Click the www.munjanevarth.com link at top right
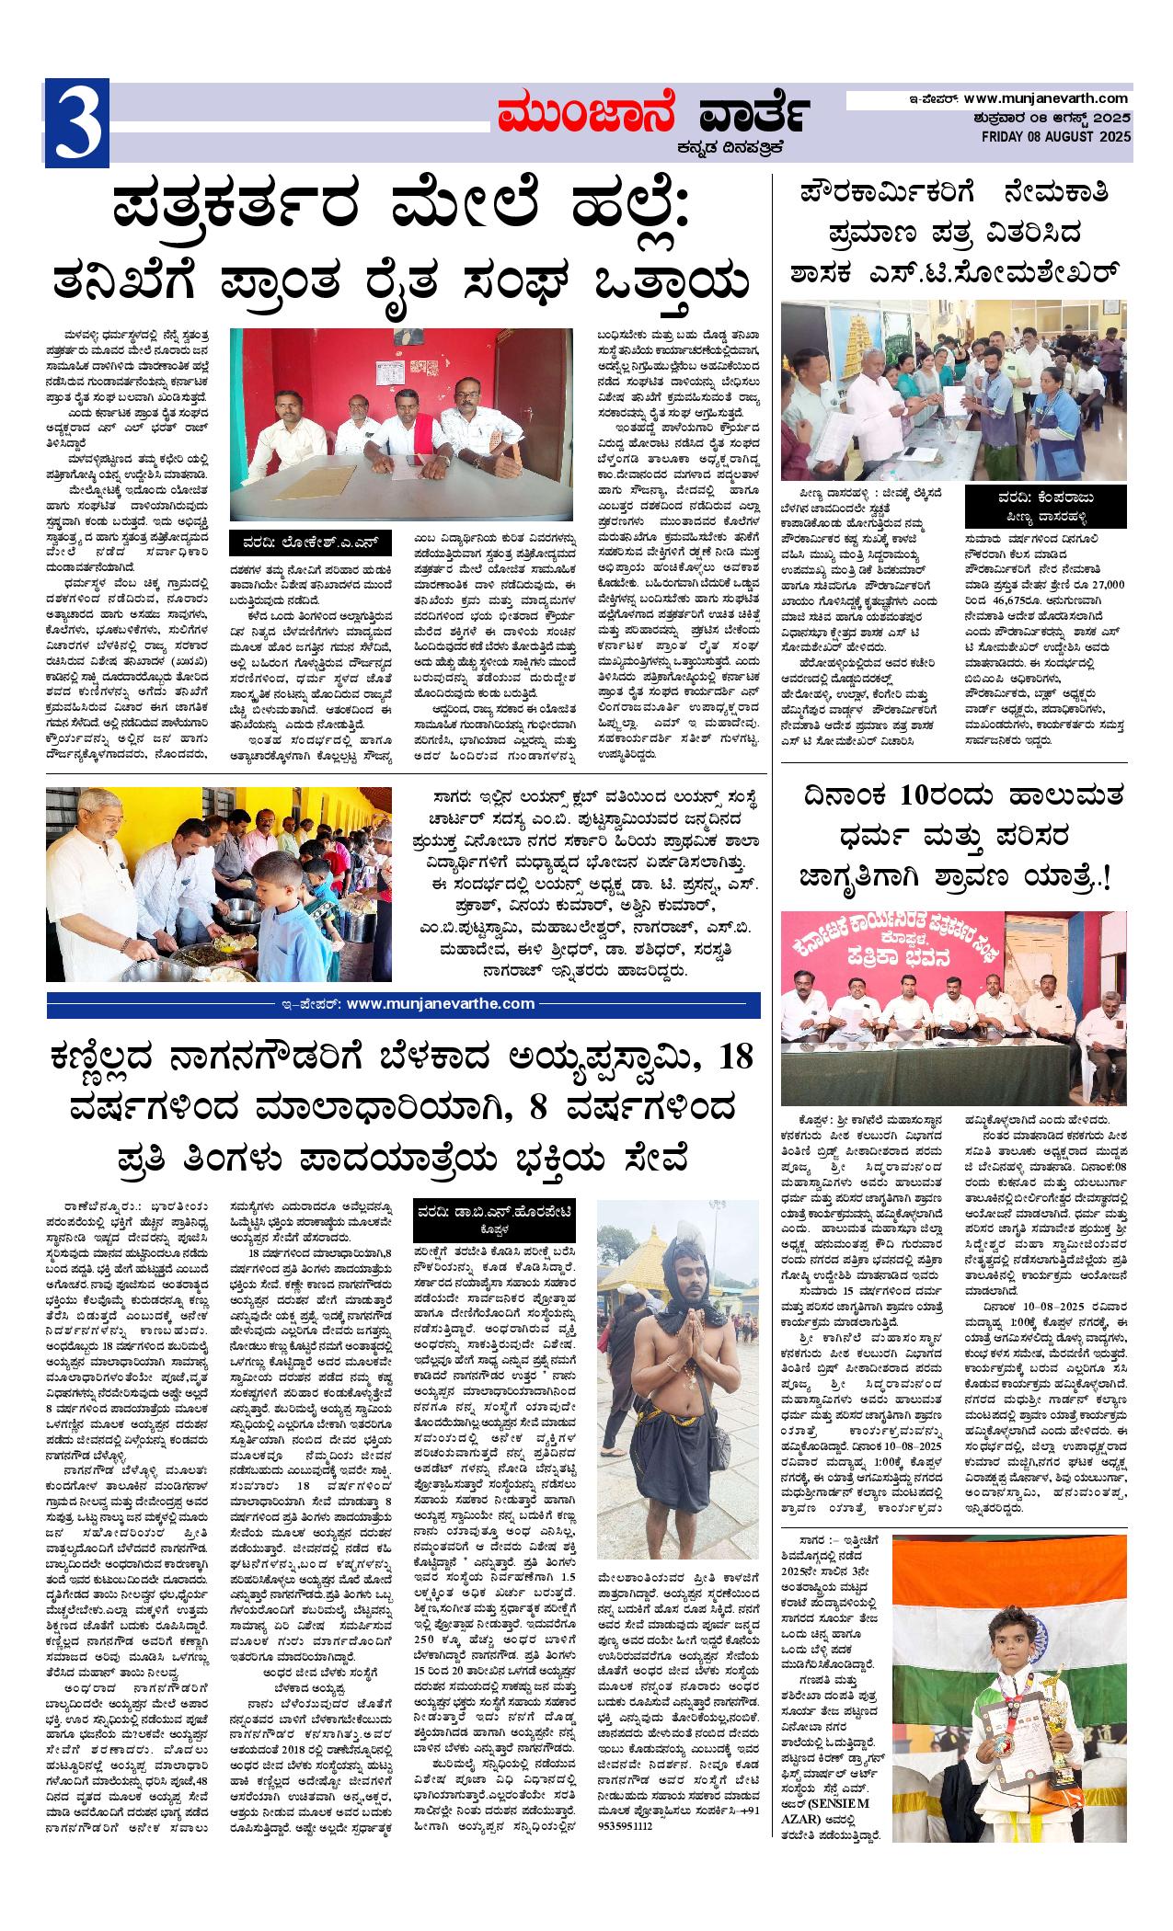pos(1048,98)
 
